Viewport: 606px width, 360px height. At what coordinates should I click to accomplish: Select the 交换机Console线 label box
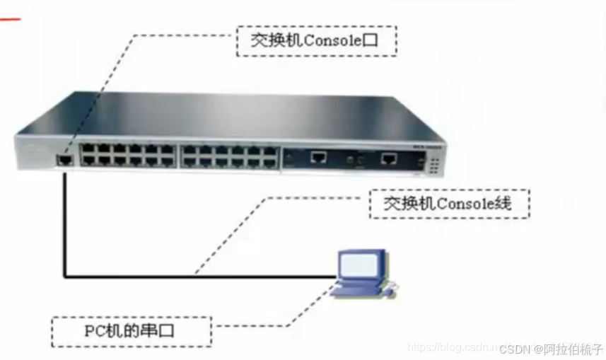pyautogui.click(x=449, y=204)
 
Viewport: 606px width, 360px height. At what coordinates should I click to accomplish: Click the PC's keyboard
pyautogui.click(x=359, y=289)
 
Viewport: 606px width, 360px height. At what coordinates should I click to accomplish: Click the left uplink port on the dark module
pyautogui.click(x=319, y=158)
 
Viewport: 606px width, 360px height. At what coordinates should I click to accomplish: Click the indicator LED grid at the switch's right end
pyautogui.click(x=433, y=165)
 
